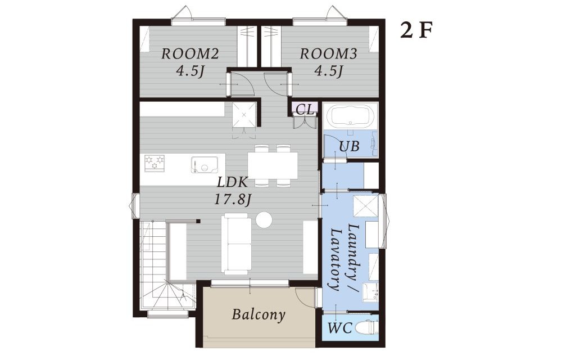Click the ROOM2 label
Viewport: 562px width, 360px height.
(190, 54)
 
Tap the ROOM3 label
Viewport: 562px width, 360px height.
(328, 54)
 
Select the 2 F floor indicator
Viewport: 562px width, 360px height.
(417, 31)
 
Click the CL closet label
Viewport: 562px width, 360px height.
(305, 110)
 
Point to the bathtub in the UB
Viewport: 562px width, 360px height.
(351, 116)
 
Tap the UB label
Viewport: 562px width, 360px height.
(349, 146)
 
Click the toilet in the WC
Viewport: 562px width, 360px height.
(366, 327)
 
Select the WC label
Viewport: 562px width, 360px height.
(340, 328)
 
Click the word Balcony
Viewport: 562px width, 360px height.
(259, 314)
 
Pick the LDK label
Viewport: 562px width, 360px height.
(233, 182)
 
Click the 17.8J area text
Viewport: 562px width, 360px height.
(232, 199)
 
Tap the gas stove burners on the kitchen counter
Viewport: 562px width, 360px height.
(155, 162)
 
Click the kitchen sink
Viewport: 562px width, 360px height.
(205, 165)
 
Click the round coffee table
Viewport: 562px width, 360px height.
(265, 219)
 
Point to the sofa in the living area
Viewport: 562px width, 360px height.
(236, 244)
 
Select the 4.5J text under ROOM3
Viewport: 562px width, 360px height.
(328, 71)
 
